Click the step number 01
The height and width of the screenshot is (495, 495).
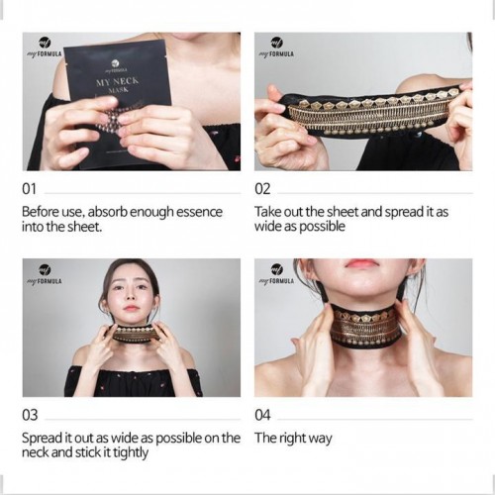[29, 189]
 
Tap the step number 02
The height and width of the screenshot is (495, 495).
[262, 189]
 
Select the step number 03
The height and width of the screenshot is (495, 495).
[30, 415]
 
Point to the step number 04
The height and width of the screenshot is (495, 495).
[262, 415]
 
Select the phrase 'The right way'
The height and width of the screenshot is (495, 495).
[293, 439]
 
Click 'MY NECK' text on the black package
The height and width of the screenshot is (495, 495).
[118, 80]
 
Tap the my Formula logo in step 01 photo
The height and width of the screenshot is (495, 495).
[45, 48]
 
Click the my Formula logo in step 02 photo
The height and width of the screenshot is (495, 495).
[276, 48]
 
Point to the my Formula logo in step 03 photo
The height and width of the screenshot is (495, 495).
[45, 274]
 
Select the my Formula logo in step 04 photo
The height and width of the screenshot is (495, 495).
[276, 274]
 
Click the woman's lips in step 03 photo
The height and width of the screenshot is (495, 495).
[131, 309]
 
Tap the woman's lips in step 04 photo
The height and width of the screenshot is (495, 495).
[361, 263]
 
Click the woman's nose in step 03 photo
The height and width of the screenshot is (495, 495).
[131, 297]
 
